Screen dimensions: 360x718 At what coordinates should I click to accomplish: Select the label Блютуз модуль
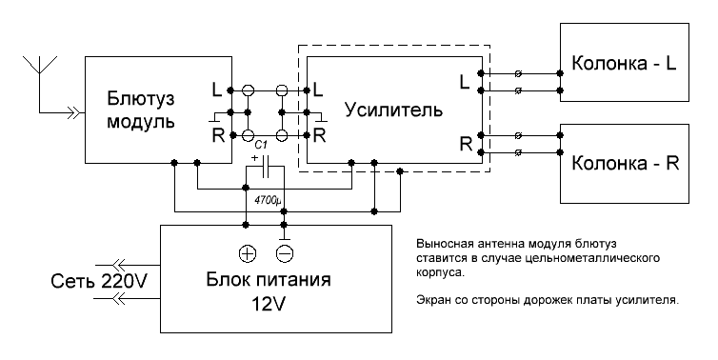[140, 110]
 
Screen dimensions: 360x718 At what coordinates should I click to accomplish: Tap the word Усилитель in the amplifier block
[393, 110]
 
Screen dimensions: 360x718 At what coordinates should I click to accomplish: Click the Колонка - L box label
[623, 65]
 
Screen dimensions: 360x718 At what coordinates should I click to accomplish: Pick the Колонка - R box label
[624, 161]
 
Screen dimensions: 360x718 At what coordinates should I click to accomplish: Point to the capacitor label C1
[260, 144]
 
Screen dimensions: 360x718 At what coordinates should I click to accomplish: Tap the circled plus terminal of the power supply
[246, 253]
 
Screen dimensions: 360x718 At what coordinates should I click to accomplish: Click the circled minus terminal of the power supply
[284, 253]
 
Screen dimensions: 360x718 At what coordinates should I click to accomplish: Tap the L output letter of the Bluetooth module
[216, 90]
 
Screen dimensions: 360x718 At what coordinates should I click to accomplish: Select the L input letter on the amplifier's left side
[318, 90]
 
